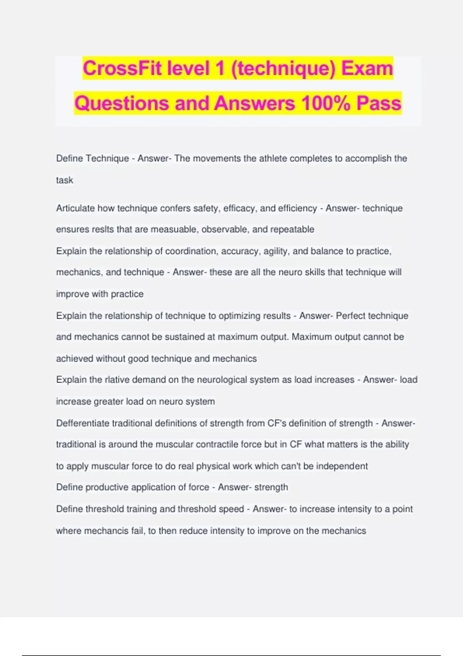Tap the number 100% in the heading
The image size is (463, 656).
(325, 103)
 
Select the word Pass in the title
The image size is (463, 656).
(379, 103)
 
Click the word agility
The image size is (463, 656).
(275, 251)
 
